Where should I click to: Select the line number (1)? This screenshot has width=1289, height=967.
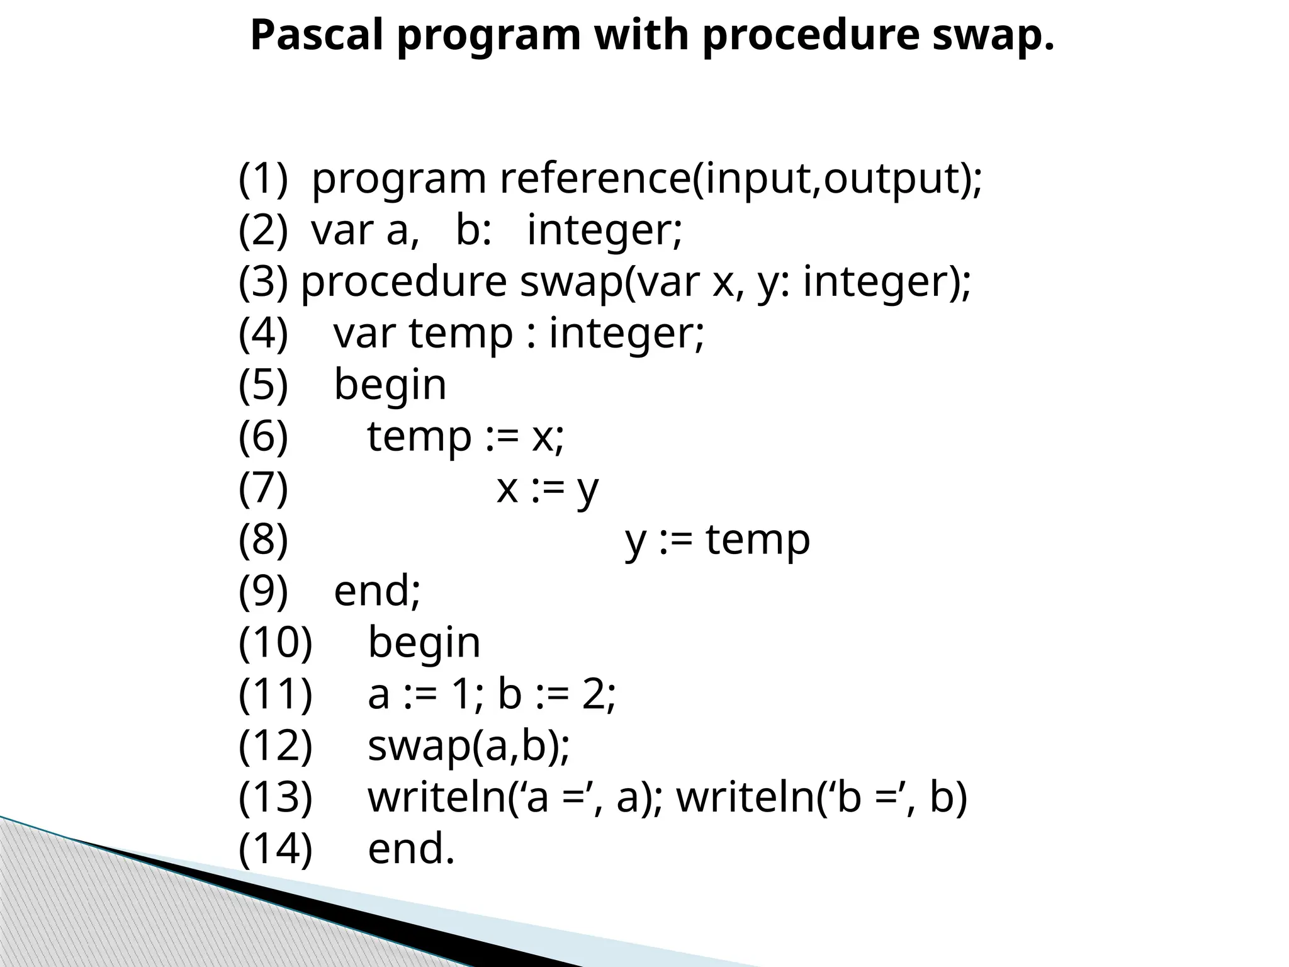point(263,179)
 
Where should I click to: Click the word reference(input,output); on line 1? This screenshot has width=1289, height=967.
point(741,179)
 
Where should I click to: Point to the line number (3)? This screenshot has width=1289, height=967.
point(263,281)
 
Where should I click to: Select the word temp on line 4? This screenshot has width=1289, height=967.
point(461,334)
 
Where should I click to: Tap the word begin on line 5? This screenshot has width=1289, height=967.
point(390,385)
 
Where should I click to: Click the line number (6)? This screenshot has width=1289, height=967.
point(263,436)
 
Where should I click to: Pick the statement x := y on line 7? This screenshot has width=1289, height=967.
point(548,489)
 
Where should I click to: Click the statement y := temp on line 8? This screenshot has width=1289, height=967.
point(718,540)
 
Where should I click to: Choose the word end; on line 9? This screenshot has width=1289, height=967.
point(377,591)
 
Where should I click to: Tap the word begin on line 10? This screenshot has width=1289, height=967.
point(424,643)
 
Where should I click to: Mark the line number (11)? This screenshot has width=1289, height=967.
point(275,694)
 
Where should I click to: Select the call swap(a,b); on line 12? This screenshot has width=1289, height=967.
point(468,747)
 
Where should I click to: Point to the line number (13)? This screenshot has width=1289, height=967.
point(275,797)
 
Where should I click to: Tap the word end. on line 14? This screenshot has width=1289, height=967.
point(410,849)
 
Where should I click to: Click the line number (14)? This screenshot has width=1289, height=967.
point(275,849)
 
